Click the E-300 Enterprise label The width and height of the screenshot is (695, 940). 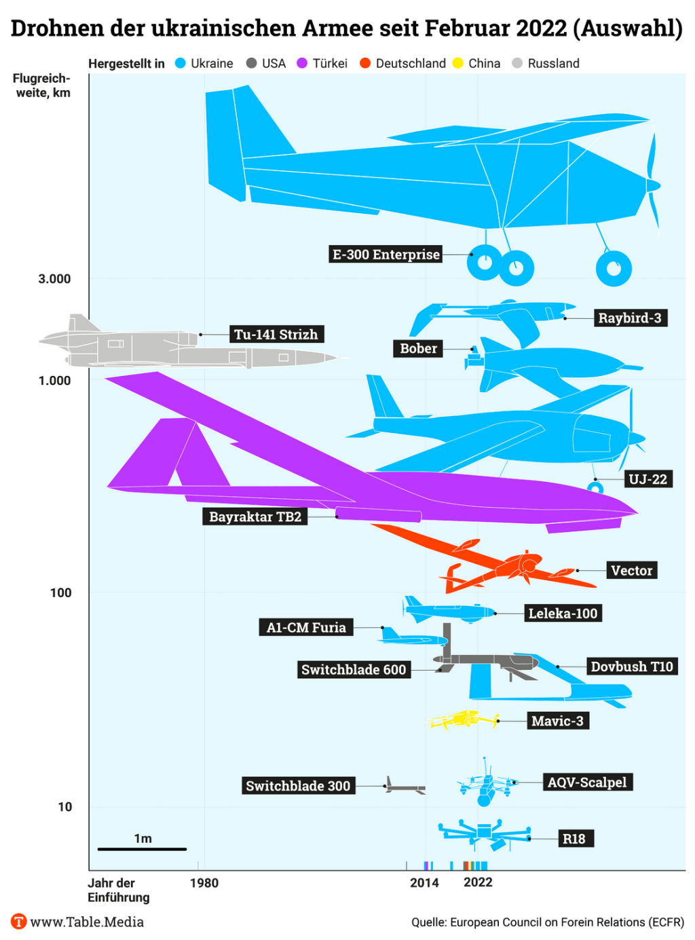(x=386, y=255)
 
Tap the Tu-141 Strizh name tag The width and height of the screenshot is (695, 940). (x=276, y=334)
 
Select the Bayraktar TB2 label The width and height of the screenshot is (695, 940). (x=255, y=516)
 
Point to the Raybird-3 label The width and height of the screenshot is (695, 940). (x=629, y=318)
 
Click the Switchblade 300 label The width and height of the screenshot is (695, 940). (x=298, y=786)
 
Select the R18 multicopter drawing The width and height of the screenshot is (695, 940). (x=483, y=833)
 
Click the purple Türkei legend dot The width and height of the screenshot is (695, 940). (x=302, y=63)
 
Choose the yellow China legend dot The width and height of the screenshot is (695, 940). (x=458, y=63)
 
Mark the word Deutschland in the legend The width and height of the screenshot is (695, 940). (x=411, y=63)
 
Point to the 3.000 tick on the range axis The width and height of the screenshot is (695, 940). (x=54, y=279)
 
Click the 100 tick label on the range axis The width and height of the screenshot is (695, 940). (x=60, y=593)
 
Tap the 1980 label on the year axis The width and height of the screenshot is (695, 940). (x=204, y=882)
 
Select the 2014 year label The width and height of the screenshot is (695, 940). (x=424, y=882)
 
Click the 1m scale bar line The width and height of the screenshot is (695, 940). (x=142, y=848)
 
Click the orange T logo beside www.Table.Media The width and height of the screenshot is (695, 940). (x=18, y=921)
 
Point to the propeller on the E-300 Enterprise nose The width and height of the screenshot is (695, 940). (x=653, y=183)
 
